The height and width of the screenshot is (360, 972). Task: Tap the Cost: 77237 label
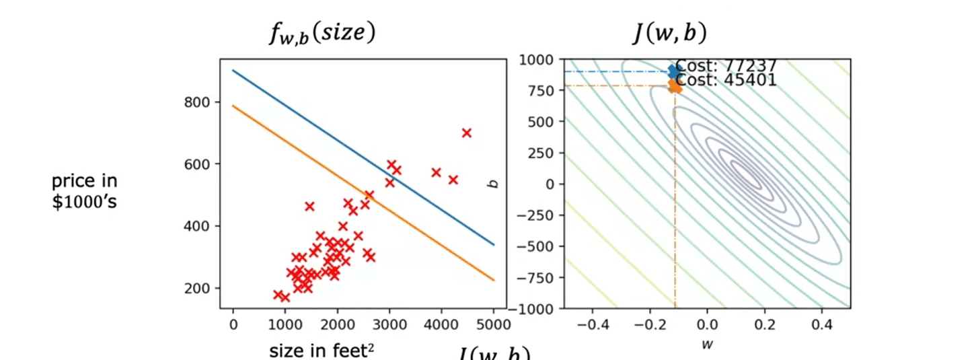pyautogui.click(x=726, y=66)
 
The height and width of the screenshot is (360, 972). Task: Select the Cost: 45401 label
pyautogui.click(x=726, y=80)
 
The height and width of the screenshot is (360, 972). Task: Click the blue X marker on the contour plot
pyautogui.click(x=674, y=71)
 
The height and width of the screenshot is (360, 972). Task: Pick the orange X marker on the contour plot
pyautogui.click(x=675, y=86)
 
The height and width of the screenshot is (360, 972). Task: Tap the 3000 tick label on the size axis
pyautogui.click(x=389, y=324)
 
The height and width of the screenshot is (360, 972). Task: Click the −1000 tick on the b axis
pyautogui.click(x=536, y=309)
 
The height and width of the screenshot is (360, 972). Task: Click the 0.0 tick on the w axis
pyautogui.click(x=708, y=324)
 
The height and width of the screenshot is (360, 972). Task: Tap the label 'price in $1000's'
pyautogui.click(x=84, y=190)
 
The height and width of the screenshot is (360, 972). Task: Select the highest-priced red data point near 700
pyautogui.click(x=466, y=133)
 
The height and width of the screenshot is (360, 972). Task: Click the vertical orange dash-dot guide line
pyautogui.click(x=675, y=202)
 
